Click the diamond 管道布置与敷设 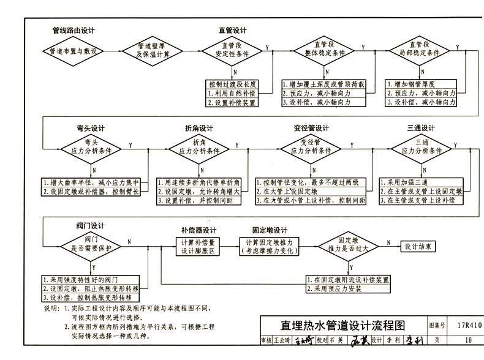(x=69, y=52)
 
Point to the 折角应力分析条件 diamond (x=199, y=147)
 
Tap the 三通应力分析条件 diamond (x=421, y=147)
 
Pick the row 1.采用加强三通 (x=421, y=182)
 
